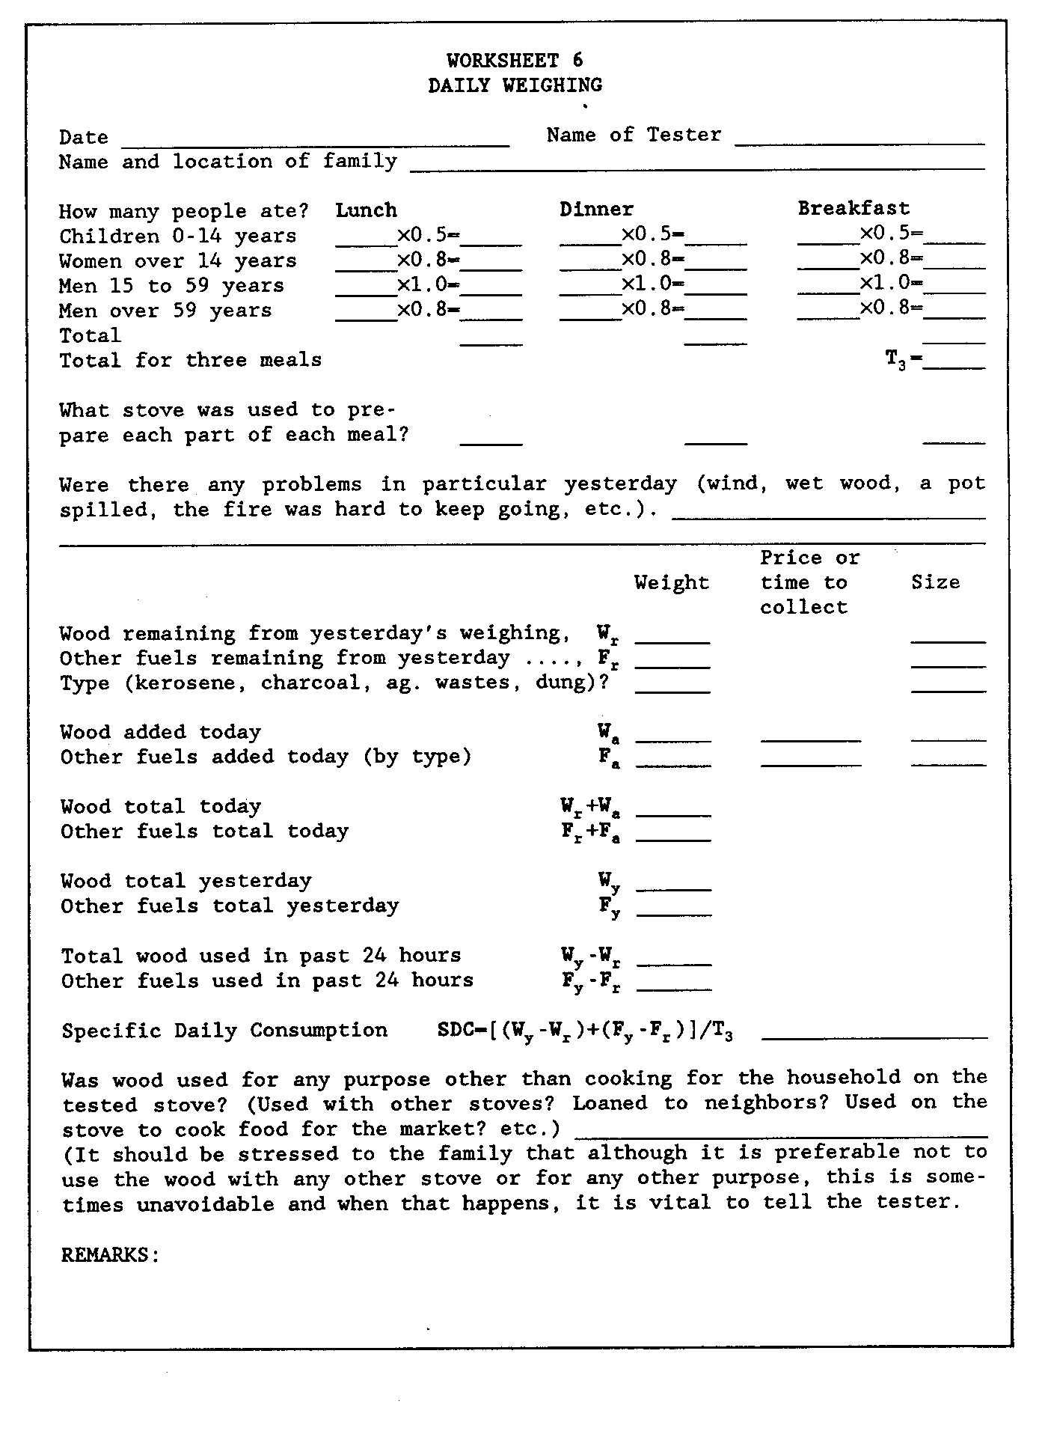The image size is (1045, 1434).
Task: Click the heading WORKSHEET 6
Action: click(x=515, y=60)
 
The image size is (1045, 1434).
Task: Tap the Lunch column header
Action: click(x=366, y=210)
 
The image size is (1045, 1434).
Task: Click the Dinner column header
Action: click(x=596, y=210)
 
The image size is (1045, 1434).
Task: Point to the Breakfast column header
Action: click(x=854, y=208)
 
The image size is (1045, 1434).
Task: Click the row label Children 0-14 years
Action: click(x=178, y=237)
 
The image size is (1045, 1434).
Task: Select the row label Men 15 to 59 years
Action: click(x=171, y=286)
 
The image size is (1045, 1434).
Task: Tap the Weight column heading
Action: click(x=672, y=582)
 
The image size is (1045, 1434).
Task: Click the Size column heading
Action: click(x=935, y=582)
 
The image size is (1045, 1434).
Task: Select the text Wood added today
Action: click(x=161, y=732)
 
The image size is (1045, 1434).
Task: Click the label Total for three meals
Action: click(x=191, y=361)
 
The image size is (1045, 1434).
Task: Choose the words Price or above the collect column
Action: click(x=810, y=558)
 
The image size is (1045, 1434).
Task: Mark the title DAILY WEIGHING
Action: click(x=515, y=85)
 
